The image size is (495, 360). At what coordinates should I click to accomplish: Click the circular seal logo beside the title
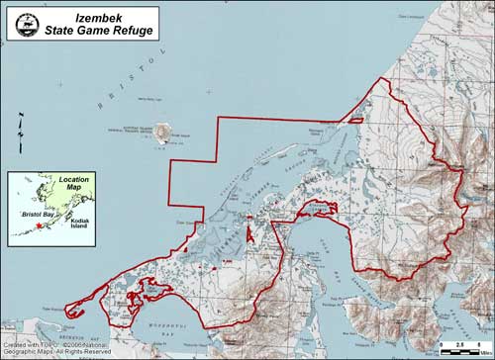pos(26,23)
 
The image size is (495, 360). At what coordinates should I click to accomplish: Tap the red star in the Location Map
pos(39,226)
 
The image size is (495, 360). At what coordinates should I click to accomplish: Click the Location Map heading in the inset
pos(73,186)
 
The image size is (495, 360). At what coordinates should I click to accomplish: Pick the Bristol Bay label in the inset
pos(39,213)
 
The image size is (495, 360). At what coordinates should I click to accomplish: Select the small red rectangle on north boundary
pos(349,122)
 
